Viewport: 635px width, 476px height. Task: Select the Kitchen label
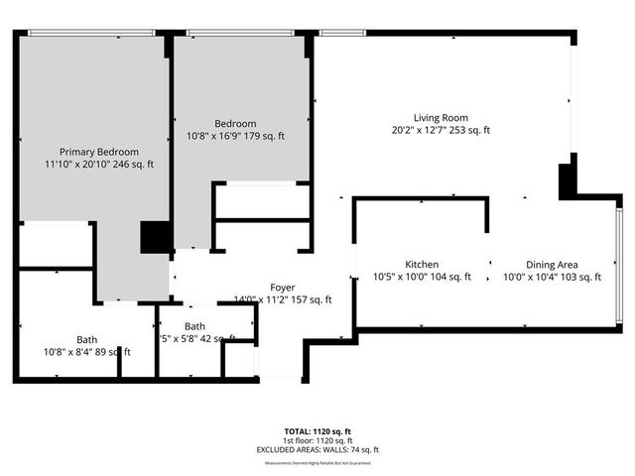[x=422, y=265]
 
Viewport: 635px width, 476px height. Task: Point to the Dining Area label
[x=552, y=265]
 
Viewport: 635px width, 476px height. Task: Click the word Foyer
[x=282, y=288]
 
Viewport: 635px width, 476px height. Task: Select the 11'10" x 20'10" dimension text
[x=77, y=165]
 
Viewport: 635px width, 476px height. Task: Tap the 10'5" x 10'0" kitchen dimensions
[x=403, y=278]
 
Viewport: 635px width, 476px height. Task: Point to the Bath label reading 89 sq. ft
[x=87, y=339]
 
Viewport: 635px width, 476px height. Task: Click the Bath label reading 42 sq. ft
[x=194, y=326]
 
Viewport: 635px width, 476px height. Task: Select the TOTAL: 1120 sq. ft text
[x=318, y=431]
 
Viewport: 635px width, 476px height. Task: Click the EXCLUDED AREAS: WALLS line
[x=318, y=449]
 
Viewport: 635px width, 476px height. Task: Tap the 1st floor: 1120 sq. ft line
[x=318, y=440]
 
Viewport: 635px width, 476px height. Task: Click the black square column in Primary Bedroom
[x=155, y=238]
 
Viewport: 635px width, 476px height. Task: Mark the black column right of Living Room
[x=568, y=181]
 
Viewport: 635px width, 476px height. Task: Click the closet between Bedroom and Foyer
[x=263, y=201]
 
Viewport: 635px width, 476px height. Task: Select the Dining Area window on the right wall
[x=619, y=264]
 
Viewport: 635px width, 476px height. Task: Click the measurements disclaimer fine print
[x=318, y=459]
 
